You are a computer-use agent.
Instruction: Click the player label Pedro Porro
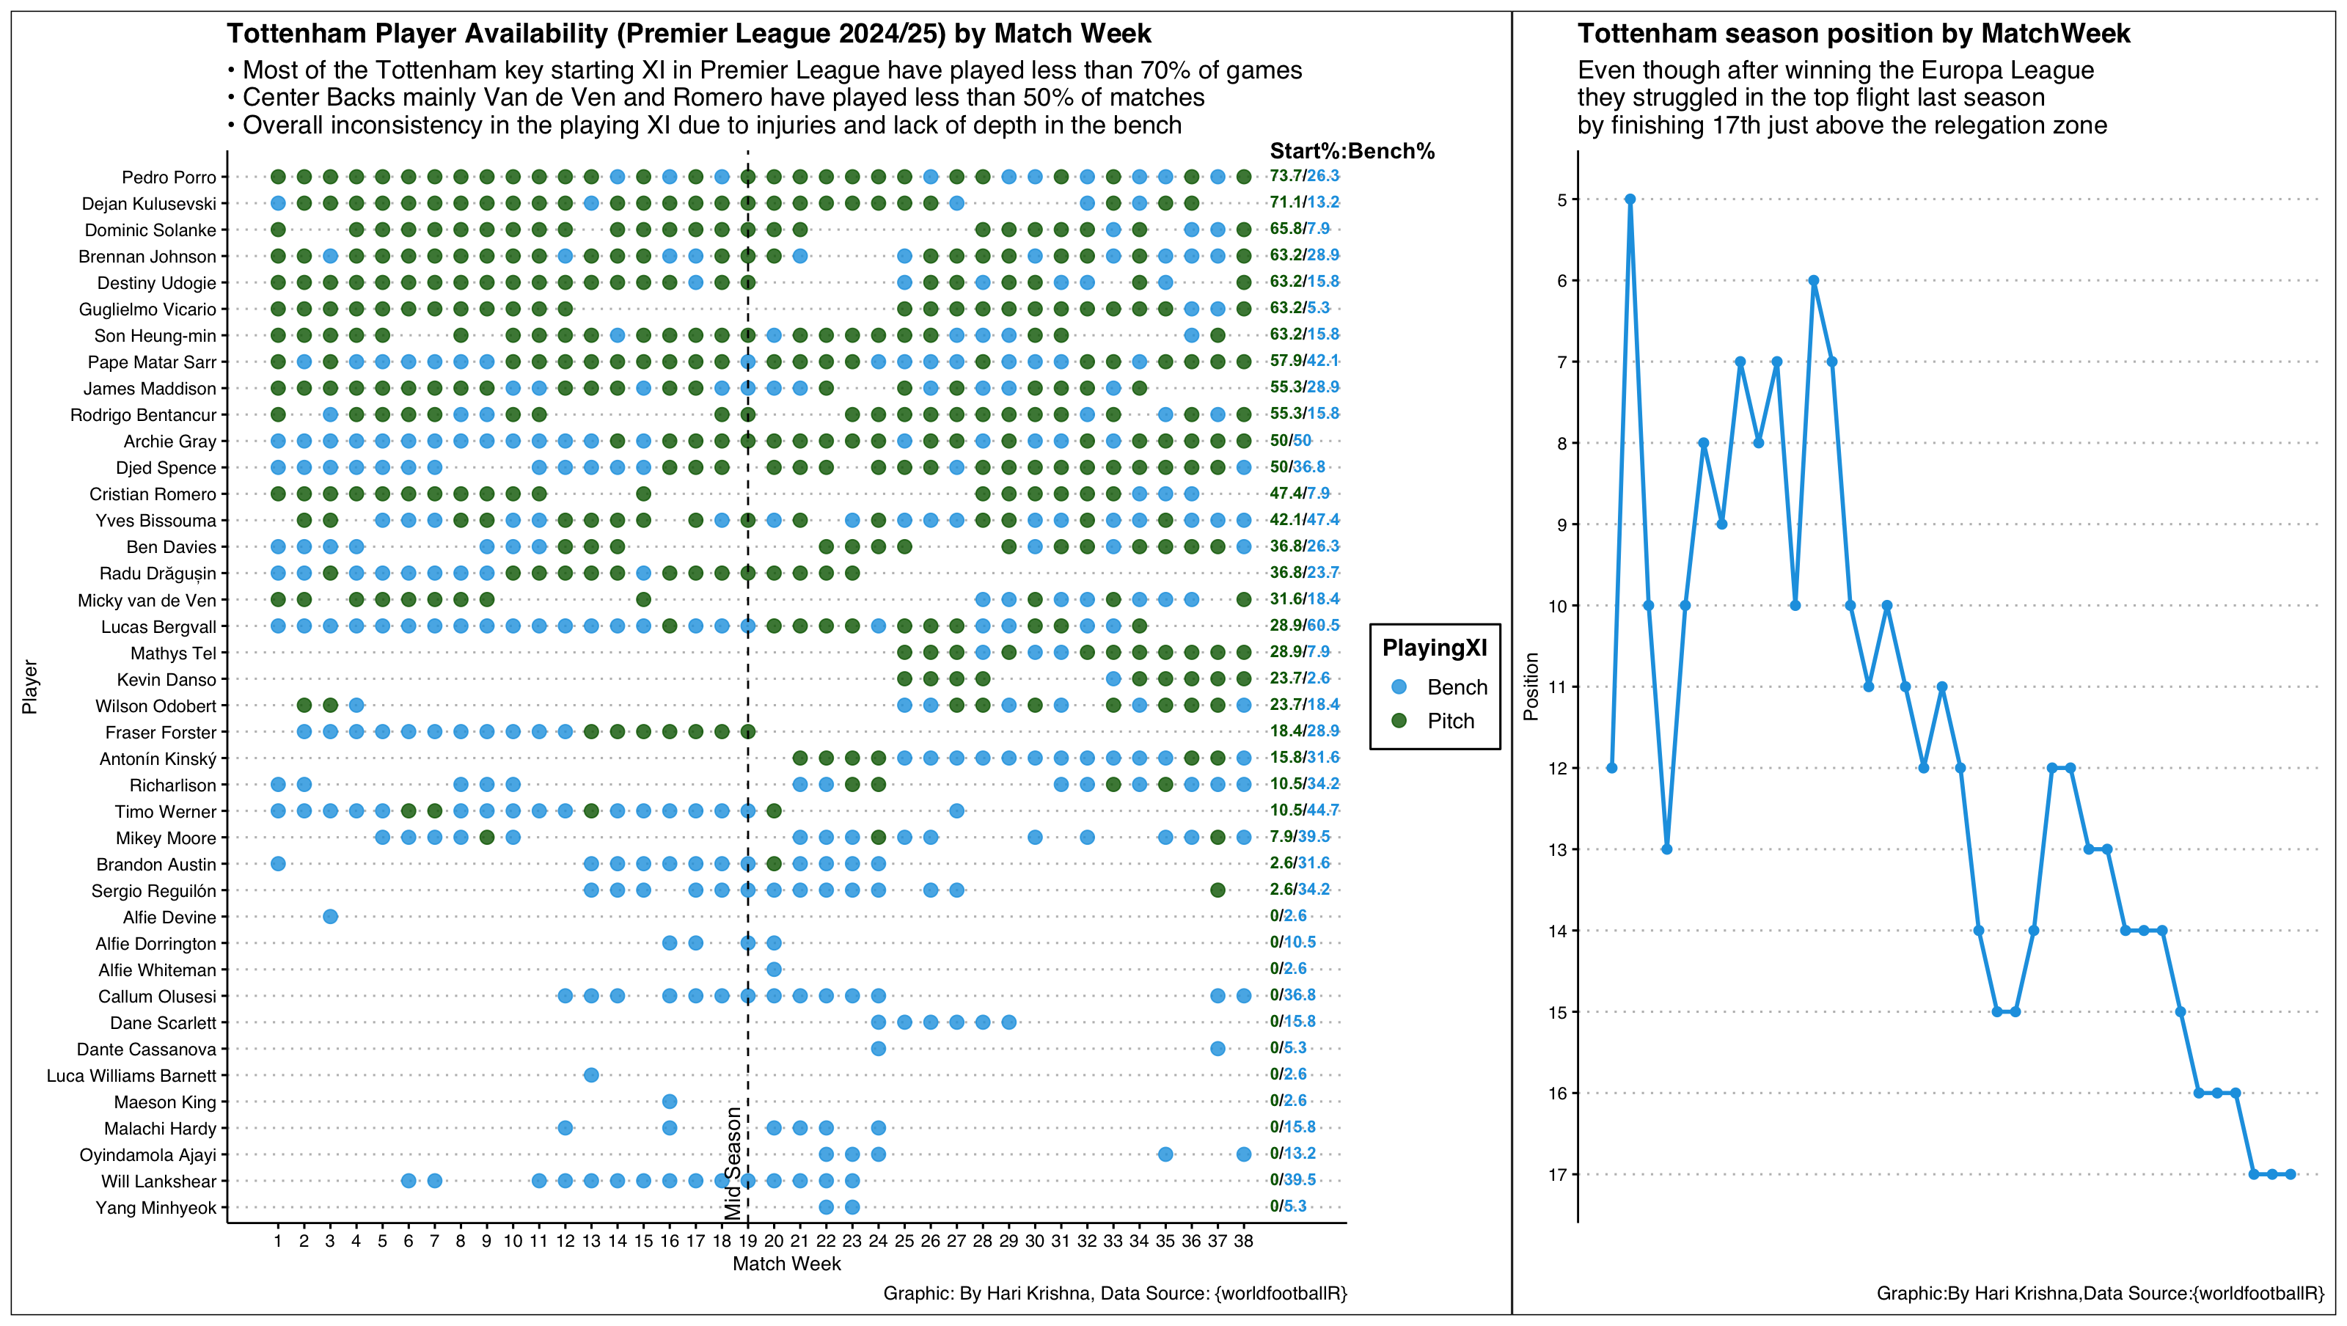[x=169, y=177]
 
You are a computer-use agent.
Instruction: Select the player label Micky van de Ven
[x=147, y=600]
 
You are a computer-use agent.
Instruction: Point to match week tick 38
[x=1244, y=1240]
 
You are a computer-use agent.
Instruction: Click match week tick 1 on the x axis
[x=278, y=1240]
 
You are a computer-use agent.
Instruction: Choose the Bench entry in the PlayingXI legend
[x=1456, y=687]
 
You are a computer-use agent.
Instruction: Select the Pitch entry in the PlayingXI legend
[x=1449, y=721]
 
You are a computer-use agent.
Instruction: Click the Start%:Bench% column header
[x=1351, y=151]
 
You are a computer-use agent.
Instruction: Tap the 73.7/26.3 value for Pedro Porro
[x=1304, y=176]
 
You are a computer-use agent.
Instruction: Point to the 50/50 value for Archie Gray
[x=1290, y=440]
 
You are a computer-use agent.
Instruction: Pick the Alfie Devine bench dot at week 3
[x=331, y=917]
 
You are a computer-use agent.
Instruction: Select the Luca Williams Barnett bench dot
[x=591, y=1075]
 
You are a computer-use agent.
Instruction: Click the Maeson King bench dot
[x=670, y=1102]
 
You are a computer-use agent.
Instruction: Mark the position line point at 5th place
[x=1630, y=199]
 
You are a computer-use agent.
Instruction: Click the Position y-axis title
[x=1531, y=686]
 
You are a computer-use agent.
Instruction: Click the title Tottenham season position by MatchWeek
[x=1853, y=34]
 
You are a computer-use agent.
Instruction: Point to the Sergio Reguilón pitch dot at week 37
[x=1218, y=890]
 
